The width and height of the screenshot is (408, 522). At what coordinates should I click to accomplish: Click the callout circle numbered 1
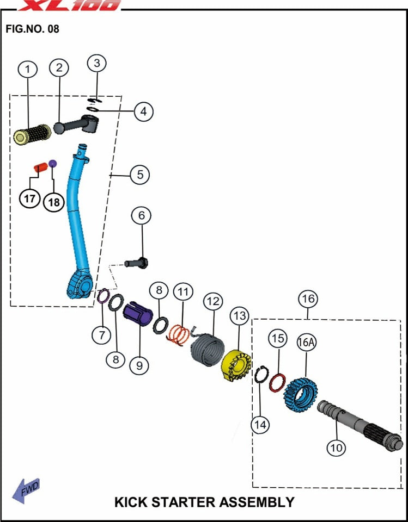tap(28, 69)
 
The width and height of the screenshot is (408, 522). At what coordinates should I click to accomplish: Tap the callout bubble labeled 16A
tap(306, 343)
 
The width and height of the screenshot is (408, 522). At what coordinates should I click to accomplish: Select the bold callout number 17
tap(29, 198)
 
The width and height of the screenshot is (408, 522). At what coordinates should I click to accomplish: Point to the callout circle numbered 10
tap(336, 448)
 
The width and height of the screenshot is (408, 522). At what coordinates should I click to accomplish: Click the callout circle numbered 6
tap(142, 216)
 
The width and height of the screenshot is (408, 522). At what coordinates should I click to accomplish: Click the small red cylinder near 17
tap(39, 166)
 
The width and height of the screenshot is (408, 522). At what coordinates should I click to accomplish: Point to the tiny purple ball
tap(53, 163)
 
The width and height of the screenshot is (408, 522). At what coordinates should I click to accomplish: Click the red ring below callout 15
tap(277, 382)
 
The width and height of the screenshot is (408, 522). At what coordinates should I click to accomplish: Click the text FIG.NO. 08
tap(32, 29)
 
